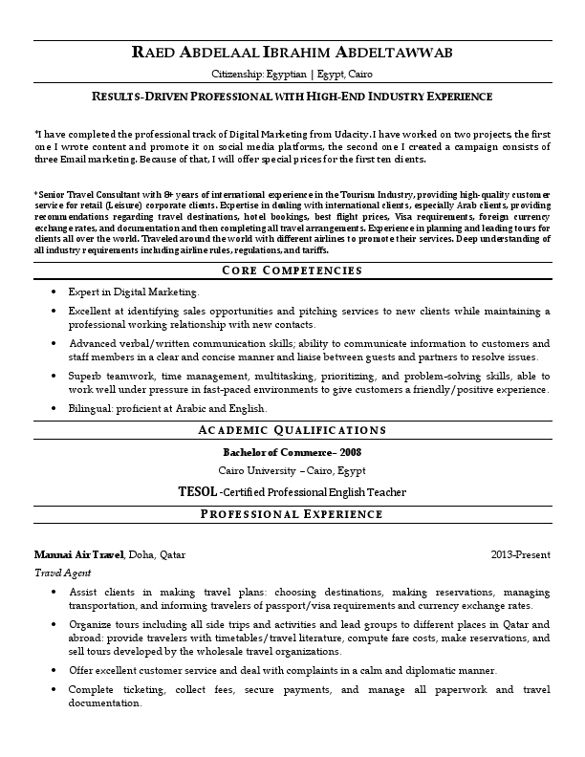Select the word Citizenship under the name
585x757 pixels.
pyautogui.click(x=240, y=74)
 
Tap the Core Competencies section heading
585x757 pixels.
pyautogui.click(x=292, y=270)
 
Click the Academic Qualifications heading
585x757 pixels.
pyautogui.click(x=292, y=431)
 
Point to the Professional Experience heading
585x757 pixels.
pyautogui.click(x=292, y=514)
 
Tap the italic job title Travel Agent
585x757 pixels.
pyautogui.click(x=62, y=573)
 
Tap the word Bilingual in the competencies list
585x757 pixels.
pyautogui.click(x=89, y=408)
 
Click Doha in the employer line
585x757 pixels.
pyautogui.click(x=141, y=554)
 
